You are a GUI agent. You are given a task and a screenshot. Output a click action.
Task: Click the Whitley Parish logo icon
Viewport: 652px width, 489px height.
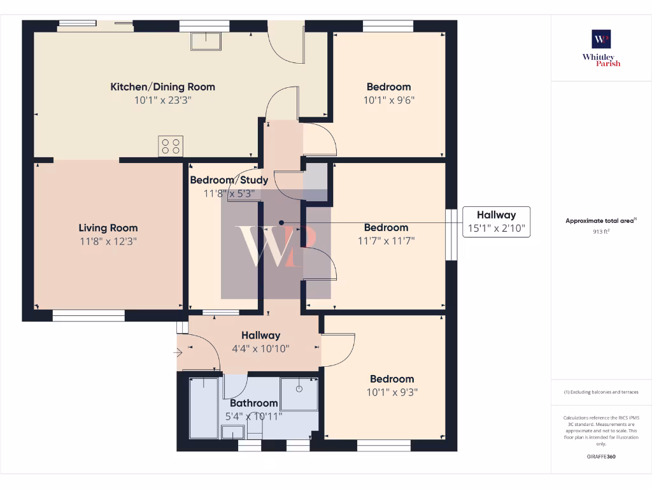(601, 39)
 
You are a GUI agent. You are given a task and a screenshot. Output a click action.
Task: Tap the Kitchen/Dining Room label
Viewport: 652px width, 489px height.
(163, 87)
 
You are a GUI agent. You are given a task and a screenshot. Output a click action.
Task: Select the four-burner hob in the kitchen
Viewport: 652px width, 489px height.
(171, 146)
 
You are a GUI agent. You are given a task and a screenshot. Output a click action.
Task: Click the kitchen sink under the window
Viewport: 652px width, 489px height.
(205, 41)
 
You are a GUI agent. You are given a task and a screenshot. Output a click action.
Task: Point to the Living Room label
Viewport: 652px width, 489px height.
(108, 228)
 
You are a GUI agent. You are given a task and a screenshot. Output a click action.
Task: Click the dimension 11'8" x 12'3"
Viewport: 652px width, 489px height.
(108, 241)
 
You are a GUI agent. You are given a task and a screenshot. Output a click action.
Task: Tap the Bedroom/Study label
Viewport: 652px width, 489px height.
(229, 180)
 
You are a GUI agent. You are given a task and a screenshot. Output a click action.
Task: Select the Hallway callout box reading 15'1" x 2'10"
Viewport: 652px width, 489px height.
(496, 222)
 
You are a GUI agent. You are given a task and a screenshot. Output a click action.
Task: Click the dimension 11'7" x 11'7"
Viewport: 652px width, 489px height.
(386, 241)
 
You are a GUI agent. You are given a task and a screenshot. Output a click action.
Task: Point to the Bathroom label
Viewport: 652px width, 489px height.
(253, 403)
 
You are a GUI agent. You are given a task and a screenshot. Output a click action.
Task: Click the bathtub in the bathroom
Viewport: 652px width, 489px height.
(205, 407)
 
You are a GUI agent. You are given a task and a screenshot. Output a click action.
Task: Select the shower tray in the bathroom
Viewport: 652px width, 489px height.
(299, 394)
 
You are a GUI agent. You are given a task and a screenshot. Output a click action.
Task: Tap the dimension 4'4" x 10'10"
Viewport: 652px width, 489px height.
(260, 349)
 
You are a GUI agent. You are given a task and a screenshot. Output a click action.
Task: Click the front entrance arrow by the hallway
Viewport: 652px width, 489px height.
(178, 351)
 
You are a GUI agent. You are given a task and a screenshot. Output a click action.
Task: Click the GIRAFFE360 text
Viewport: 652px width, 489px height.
(601, 457)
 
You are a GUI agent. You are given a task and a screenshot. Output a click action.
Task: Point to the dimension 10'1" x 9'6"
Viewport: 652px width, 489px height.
(388, 100)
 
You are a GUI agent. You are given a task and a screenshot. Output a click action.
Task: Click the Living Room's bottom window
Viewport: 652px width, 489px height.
(88, 315)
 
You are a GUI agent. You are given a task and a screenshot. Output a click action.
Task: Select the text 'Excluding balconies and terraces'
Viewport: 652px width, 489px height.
(602, 392)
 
